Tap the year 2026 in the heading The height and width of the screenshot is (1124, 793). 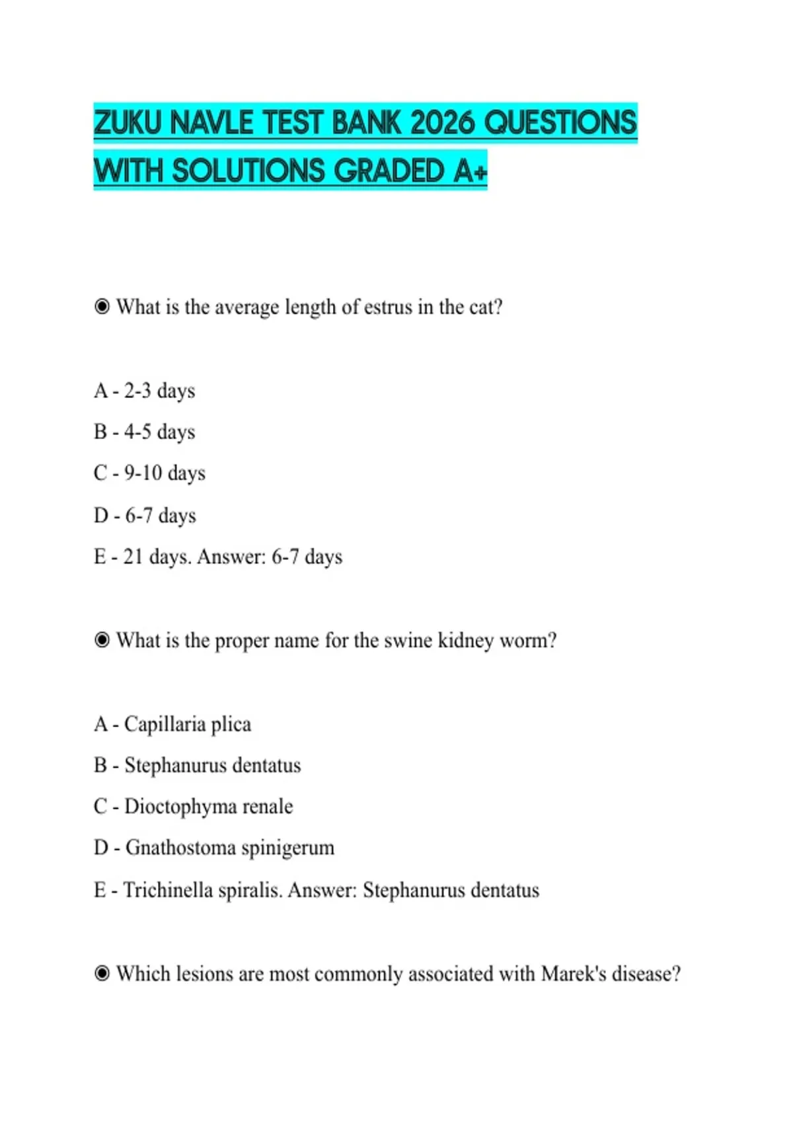[x=441, y=123]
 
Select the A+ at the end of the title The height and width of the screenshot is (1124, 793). [x=471, y=171]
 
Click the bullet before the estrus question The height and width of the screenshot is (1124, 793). [x=102, y=306]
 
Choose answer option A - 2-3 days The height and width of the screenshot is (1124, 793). [x=145, y=391]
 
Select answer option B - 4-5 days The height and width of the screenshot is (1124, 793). [x=145, y=432]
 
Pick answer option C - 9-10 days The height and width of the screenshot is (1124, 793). [x=150, y=473]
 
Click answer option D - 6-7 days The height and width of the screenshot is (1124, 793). [x=145, y=515]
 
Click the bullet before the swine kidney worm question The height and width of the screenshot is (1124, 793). [x=102, y=639]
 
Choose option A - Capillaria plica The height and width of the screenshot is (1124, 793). [x=172, y=724]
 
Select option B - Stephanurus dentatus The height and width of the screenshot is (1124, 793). [x=198, y=765]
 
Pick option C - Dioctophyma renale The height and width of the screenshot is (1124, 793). [x=194, y=806]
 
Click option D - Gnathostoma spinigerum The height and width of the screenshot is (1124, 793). [x=214, y=848]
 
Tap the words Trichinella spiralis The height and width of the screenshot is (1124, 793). [x=203, y=890]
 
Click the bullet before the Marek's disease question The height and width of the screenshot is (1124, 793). [x=102, y=973]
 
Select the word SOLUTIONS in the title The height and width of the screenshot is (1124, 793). [x=250, y=171]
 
